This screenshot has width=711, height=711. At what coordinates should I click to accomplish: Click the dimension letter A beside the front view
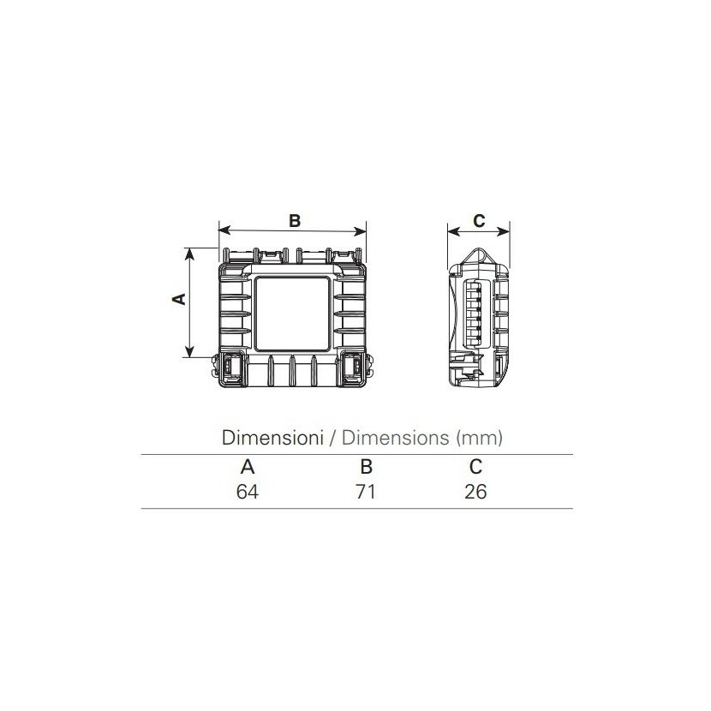coord(180,299)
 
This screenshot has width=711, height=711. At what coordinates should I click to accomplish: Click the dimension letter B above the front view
coord(295,221)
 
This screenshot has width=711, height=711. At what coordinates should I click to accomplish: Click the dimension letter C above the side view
coord(479,221)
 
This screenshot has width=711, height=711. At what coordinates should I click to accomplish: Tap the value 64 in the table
coord(248,492)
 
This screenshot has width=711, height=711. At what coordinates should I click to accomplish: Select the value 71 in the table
coord(366,492)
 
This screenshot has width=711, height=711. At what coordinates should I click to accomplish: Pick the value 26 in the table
coord(475,492)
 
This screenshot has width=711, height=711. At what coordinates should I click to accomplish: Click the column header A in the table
coord(248,467)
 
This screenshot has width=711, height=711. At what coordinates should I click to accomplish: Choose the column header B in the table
coord(366,467)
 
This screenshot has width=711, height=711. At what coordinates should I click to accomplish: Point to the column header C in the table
coord(475,467)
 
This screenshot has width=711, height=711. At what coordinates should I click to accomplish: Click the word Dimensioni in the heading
coord(272,438)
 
